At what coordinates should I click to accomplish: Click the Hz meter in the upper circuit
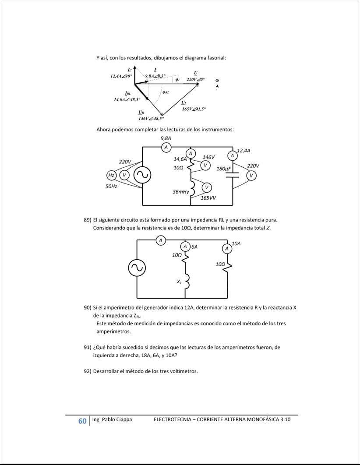pos(111,175)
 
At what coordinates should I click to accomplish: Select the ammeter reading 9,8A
pos(166,148)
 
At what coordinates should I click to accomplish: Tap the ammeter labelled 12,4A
pos(232,155)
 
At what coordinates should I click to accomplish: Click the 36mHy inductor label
pos(181,192)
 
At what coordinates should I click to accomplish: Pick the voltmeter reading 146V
pos(206,165)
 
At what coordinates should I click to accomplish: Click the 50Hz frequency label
pos(111,186)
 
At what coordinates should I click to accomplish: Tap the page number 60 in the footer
pos(82,421)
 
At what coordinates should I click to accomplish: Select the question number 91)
pos(88,347)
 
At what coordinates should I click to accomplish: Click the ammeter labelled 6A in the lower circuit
pos(185,247)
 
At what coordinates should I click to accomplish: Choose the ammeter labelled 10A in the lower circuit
pos(227,249)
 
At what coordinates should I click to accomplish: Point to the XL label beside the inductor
pos(179,282)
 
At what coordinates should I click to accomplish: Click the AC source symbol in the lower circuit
pos(137,268)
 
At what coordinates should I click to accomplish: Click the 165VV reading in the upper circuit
pos(208,198)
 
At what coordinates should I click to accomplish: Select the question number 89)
pos(88,220)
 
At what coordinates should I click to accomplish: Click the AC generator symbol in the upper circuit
pos(142,175)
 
